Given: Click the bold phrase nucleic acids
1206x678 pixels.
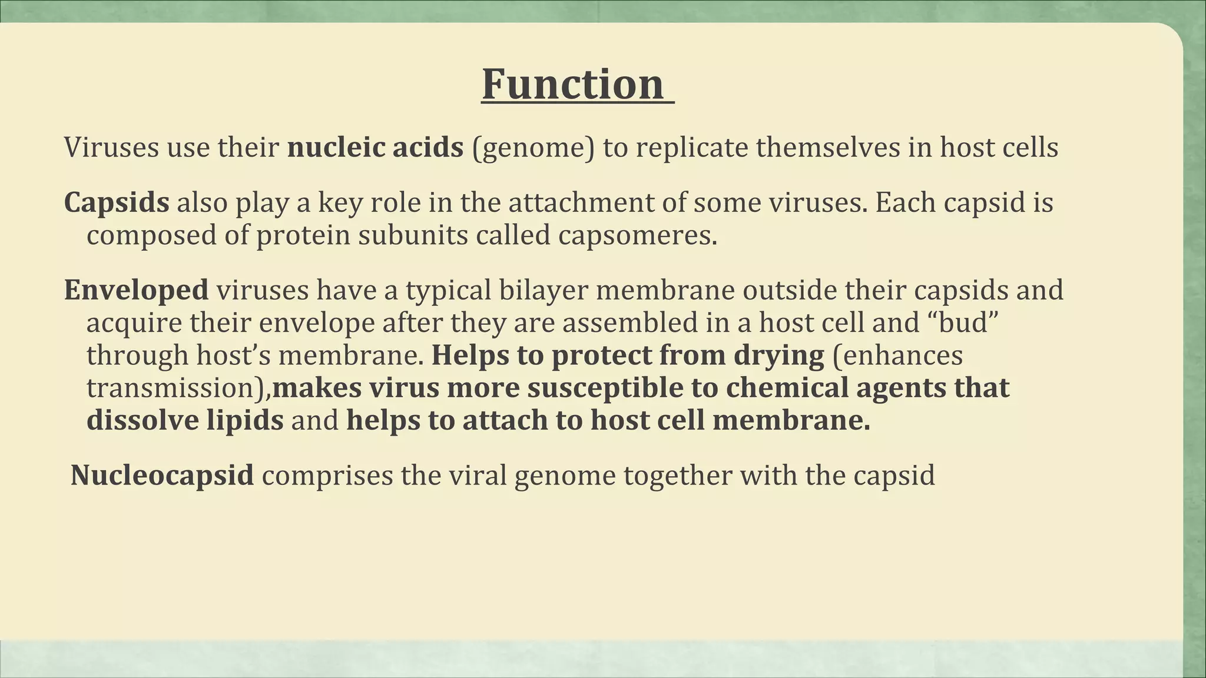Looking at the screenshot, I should click(375, 147).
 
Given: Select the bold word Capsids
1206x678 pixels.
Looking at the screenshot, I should click(117, 203).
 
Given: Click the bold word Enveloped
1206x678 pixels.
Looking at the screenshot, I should click(136, 290).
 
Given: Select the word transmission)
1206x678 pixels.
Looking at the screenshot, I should click(179, 388).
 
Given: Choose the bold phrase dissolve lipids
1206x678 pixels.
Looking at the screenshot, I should click(185, 421).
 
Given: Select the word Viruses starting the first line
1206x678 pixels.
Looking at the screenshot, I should click(111, 147).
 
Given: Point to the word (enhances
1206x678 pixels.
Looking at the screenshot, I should click(897, 356).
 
